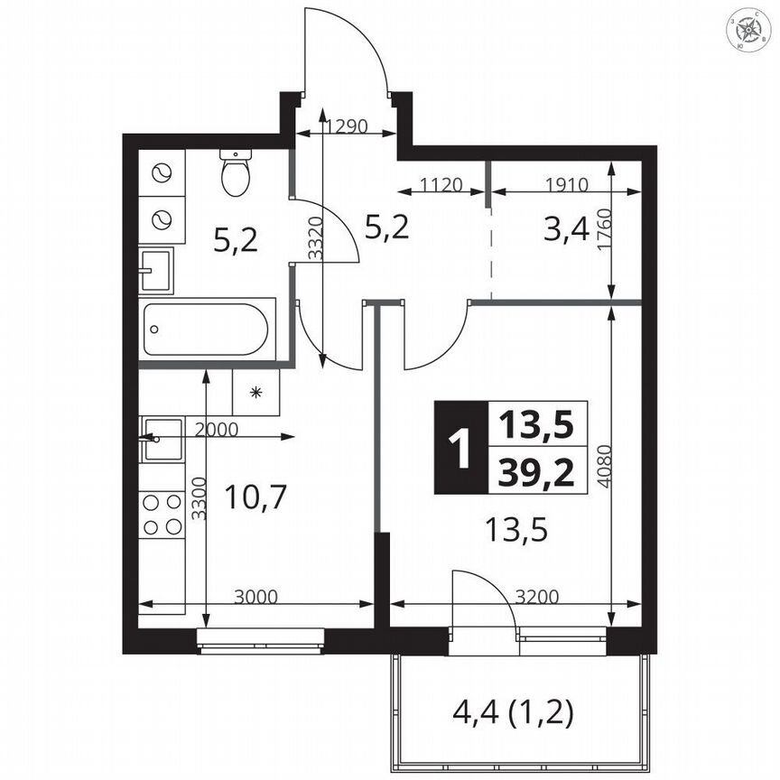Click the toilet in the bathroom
pos(237,172)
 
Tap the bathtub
pos(207,330)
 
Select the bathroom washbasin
pos(155,269)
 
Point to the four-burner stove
pos(162,514)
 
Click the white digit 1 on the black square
pos(460,447)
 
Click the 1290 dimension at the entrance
pos(346,126)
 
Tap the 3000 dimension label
pos(255,596)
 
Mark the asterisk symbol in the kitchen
pos(256,393)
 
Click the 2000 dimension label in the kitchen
pos(216,430)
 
